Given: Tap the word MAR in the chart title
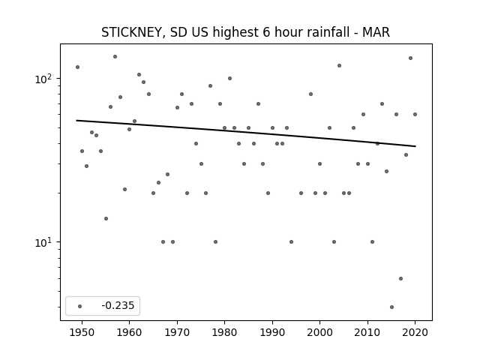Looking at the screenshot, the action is pos(376,32).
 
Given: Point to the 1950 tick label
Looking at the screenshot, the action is pos(82,332).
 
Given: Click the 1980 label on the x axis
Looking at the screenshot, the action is pos(224,332).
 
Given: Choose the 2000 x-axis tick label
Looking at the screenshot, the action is pos(319,332).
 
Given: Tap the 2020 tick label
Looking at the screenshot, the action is pos(415,332).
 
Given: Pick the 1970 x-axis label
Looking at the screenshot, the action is pos(177,332).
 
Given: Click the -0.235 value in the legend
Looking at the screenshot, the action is pos(118,305).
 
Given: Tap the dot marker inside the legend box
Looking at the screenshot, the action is pos(80,306).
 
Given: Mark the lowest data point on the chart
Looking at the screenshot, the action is pos(391,307).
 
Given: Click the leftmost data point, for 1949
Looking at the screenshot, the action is pos(77,67).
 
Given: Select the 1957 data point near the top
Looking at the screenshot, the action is pos(115,57).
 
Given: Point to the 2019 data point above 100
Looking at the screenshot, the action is pos(410,58).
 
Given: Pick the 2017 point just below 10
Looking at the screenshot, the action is pos(400,278).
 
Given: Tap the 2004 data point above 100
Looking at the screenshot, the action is pos(339,65).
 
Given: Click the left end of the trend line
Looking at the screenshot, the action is pos(76,120).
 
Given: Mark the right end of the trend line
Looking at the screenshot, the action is pos(415,146).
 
